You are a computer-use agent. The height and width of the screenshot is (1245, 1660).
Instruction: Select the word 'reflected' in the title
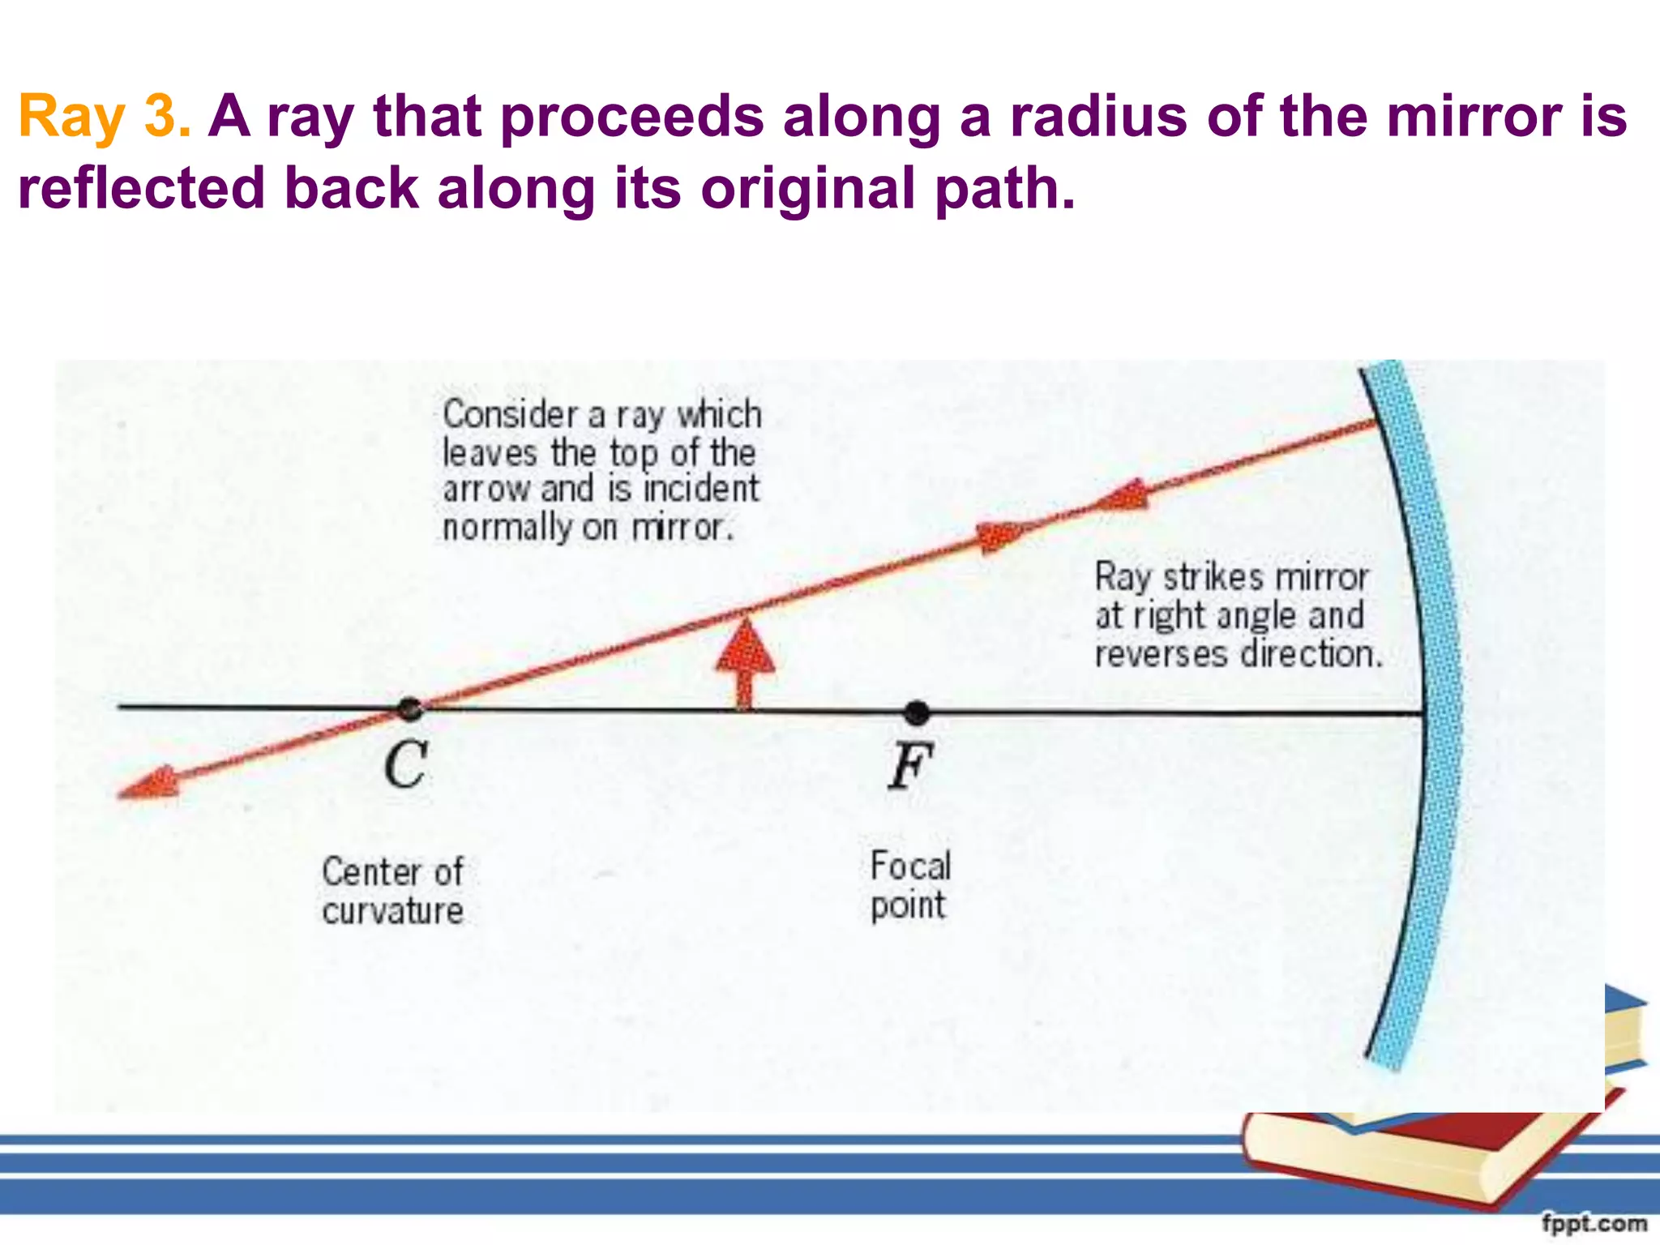141,189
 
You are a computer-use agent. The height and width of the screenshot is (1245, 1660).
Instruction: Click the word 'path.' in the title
1004,189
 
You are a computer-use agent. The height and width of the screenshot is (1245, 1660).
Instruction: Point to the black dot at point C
410,709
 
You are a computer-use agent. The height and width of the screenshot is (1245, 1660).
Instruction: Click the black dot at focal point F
916,712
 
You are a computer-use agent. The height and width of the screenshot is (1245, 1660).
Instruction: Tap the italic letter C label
405,764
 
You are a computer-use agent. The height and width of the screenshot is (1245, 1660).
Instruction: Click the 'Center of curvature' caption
392,891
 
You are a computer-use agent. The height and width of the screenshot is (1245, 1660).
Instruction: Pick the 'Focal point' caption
909,885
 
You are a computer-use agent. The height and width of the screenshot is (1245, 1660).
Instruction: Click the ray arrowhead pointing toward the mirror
999,535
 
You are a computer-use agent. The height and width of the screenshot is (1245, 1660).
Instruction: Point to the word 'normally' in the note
507,528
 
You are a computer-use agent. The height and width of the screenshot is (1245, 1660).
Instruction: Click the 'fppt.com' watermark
1594,1222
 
